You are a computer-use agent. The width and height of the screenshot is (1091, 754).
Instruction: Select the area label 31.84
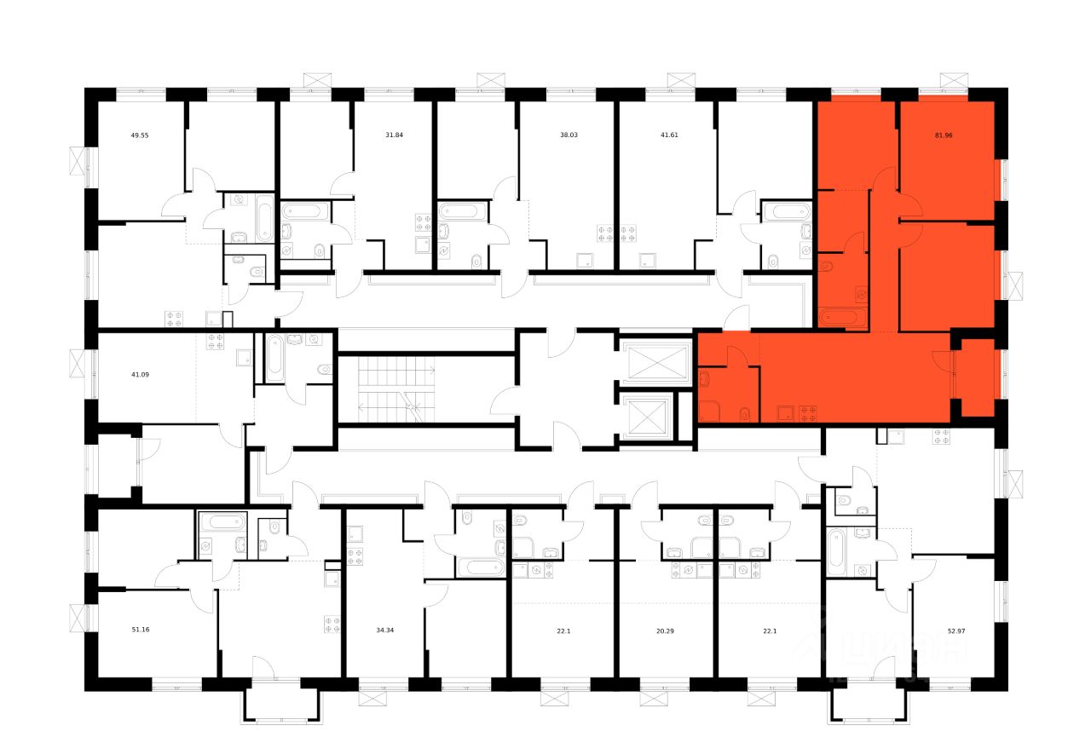(x=395, y=135)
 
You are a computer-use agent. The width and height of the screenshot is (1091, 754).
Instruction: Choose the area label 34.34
(x=386, y=630)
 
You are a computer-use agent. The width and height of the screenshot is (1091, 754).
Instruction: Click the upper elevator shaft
(x=655, y=362)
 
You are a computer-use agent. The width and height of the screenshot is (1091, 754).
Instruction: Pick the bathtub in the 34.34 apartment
(x=482, y=567)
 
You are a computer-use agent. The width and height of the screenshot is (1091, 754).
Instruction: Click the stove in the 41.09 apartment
(x=213, y=341)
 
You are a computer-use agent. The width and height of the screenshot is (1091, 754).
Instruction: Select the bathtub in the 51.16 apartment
(x=222, y=522)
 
